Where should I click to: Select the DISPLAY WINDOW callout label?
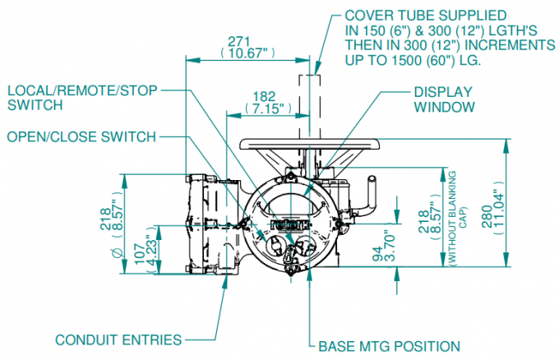[445, 99]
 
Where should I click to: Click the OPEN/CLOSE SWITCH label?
[81, 136]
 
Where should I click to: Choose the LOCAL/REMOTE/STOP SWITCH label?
[82, 97]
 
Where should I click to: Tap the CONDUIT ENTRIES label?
[118, 339]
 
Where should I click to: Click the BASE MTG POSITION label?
[389, 346]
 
